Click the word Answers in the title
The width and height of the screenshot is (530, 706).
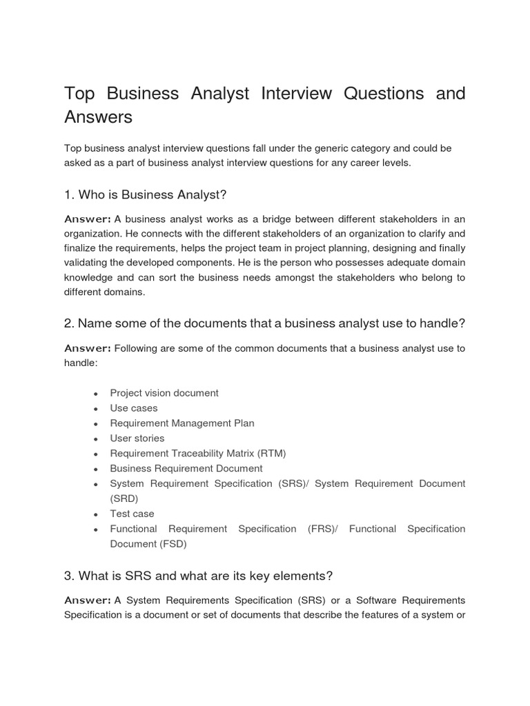[x=98, y=117]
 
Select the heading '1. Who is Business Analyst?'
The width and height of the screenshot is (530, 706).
[x=146, y=194]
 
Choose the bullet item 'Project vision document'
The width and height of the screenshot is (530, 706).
[x=164, y=393]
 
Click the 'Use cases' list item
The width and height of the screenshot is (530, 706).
[x=134, y=408]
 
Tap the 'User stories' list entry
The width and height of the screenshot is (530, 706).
[x=137, y=438]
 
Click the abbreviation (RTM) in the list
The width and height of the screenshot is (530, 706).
[x=271, y=454]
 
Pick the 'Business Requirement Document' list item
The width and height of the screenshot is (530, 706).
[x=186, y=469]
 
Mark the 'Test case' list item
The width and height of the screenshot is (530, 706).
[x=132, y=514]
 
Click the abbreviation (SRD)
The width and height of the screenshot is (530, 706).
[x=124, y=498]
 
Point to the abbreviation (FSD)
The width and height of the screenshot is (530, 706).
[x=173, y=544]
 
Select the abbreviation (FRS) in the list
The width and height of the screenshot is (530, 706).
[x=322, y=529]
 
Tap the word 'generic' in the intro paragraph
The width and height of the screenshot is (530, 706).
[x=324, y=148]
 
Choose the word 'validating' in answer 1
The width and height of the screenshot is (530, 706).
[x=89, y=263]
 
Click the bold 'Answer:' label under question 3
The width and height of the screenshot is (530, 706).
[x=88, y=600]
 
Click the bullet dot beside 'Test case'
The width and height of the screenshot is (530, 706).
[x=96, y=514]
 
